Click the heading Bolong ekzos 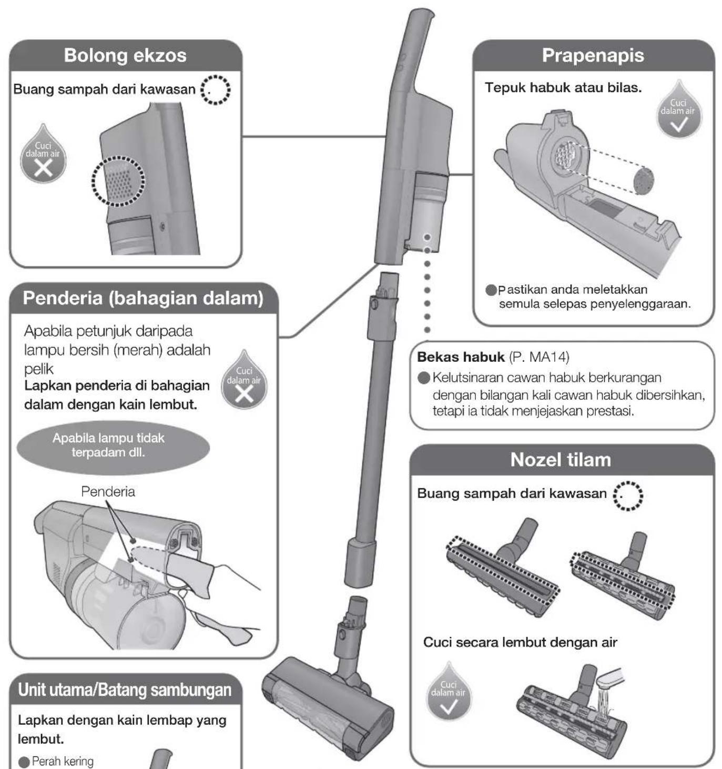(125, 55)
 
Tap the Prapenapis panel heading (593, 55)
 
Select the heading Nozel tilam (561, 460)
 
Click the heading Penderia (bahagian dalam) (143, 298)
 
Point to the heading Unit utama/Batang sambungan (125, 690)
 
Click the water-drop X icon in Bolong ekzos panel (43, 154)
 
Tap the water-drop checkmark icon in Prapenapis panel (679, 109)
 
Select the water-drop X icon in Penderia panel (244, 380)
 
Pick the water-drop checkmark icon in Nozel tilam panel (449, 692)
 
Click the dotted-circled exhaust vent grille (118, 181)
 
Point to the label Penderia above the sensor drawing (108, 491)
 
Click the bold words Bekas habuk (461, 357)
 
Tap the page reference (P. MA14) (539, 357)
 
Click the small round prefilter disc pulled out (644, 180)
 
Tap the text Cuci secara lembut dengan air (520, 642)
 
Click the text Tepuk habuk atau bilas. (563, 87)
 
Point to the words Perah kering (63, 761)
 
